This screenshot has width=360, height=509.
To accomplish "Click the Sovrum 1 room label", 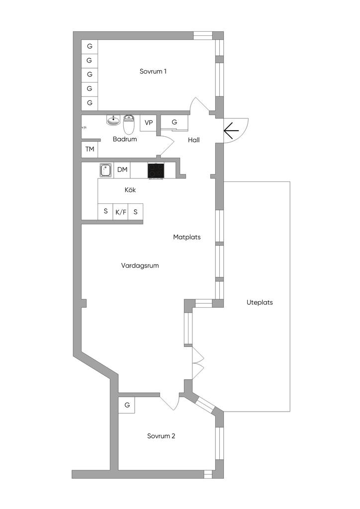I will (x=153, y=72).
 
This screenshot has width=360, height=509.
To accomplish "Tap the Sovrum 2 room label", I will (x=161, y=436).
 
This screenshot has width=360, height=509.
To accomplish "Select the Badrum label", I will (x=124, y=140).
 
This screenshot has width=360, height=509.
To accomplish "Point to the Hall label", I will (x=194, y=140).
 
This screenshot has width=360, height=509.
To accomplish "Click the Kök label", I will (x=130, y=190).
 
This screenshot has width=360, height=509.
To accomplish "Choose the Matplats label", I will (x=186, y=237).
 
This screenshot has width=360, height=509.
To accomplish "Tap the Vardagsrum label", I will (x=140, y=266).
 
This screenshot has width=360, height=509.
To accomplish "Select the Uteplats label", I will (x=260, y=302).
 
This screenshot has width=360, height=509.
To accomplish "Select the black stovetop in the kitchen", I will (x=156, y=170).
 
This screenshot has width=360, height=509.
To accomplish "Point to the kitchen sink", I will (x=106, y=170).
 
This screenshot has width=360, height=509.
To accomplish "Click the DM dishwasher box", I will (x=122, y=170).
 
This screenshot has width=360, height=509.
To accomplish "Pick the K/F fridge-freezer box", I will (x=120, y=212).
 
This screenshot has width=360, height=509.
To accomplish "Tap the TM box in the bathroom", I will (x=90, y=149).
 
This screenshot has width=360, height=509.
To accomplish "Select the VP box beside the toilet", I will (x=149, y=123).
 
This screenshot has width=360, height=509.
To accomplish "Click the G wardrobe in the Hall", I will (x=175, y=122).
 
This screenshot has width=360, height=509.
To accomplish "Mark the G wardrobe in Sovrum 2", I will (x=127, y=405).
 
